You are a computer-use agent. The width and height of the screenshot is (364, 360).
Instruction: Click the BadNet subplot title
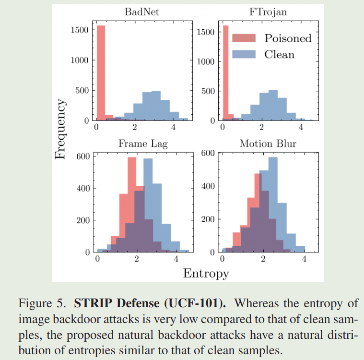[x=141, y=12]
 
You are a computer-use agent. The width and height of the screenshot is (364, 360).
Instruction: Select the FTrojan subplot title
[x=268, y=12]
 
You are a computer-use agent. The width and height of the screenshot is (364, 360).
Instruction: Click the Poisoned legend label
[x=288, y=38]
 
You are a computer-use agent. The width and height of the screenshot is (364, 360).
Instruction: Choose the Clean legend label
[x=279, y=54]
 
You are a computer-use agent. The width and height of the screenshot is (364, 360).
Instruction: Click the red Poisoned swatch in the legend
[x=243, y=38]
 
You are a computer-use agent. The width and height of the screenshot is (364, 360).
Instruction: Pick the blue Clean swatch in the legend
[x=243, y=54]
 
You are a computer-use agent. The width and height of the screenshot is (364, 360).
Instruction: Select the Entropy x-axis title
[x=206, y=274]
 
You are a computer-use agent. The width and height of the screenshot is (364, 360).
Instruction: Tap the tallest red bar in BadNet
[x=100, y=72]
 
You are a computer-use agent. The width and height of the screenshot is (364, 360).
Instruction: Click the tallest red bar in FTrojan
[x=225, y=72]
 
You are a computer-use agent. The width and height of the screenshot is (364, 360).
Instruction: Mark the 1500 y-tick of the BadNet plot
[x=79, y=30]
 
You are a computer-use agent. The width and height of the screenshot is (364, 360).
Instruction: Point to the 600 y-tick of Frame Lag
[x=83, y=156]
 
